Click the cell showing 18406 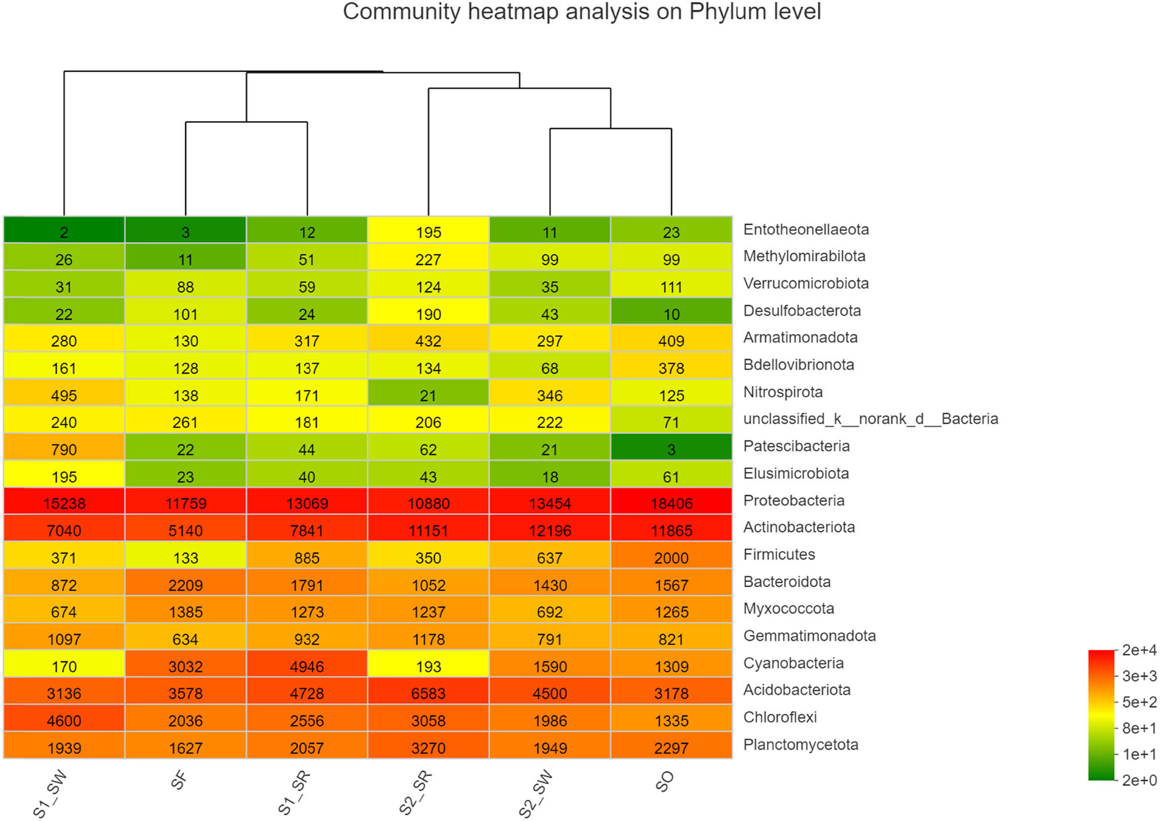coord(671,503)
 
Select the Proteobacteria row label coord(793,500)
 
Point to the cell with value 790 coord(64,449)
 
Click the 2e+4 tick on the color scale coord(1139,650)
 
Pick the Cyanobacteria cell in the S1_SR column coord(307,666)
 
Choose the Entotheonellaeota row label coord(806,229)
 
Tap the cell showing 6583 coord(428,693)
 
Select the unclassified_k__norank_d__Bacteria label coord(870,419)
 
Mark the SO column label coord(665,782)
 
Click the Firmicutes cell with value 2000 coord(671,558)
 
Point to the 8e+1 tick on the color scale coord(1139,728)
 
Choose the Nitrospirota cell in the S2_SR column coord(428,395)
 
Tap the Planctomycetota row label coord(800,744)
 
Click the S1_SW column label coord(50,793)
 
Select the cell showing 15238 coord(64,503)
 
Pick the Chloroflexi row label coord(780,717)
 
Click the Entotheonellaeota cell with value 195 coord(428,232)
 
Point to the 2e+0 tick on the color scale coord(1139,780)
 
